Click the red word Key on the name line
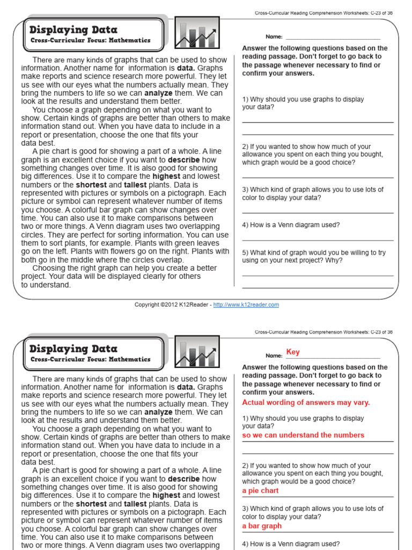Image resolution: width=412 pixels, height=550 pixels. tap(293, 352)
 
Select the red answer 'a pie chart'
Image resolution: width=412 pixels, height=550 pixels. tap(260, 491)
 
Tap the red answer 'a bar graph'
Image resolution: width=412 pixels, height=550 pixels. tap(262, 526)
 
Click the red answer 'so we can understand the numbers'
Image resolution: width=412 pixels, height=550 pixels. tap(303, 436)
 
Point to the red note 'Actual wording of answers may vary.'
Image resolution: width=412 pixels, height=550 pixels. tap(306, 403)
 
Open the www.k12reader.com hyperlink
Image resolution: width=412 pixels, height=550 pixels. tap(246, 305)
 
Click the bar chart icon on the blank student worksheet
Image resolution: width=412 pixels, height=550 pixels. tap(198, 34)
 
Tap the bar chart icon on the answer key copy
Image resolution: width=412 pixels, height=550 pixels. tap(198, 353)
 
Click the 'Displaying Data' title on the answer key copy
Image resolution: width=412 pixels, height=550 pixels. tap(73, 349)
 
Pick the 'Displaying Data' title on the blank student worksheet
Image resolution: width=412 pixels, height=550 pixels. tap(73, 30)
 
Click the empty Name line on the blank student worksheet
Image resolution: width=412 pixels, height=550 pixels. tap(333, 38)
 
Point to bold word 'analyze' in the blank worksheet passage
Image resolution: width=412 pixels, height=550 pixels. tap(158, 93)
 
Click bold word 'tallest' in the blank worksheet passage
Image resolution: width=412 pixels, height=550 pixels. tap(135, 185)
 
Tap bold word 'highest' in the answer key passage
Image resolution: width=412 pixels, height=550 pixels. tap(166, 496)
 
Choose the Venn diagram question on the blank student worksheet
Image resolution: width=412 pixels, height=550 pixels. tap(291, 225)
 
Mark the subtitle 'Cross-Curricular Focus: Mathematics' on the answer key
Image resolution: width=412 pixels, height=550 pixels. tap(91, 360)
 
